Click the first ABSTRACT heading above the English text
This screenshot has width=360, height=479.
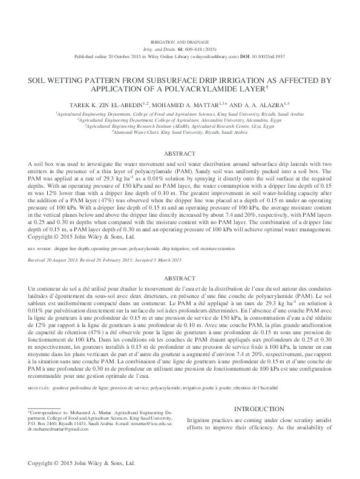tap(180, 154)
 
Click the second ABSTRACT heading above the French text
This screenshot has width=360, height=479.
tap(180, 278)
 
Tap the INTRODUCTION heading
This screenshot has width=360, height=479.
tap(267, 410)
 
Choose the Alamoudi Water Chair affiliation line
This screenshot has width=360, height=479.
tap(180, 133)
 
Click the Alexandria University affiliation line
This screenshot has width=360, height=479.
tap(180, 120)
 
